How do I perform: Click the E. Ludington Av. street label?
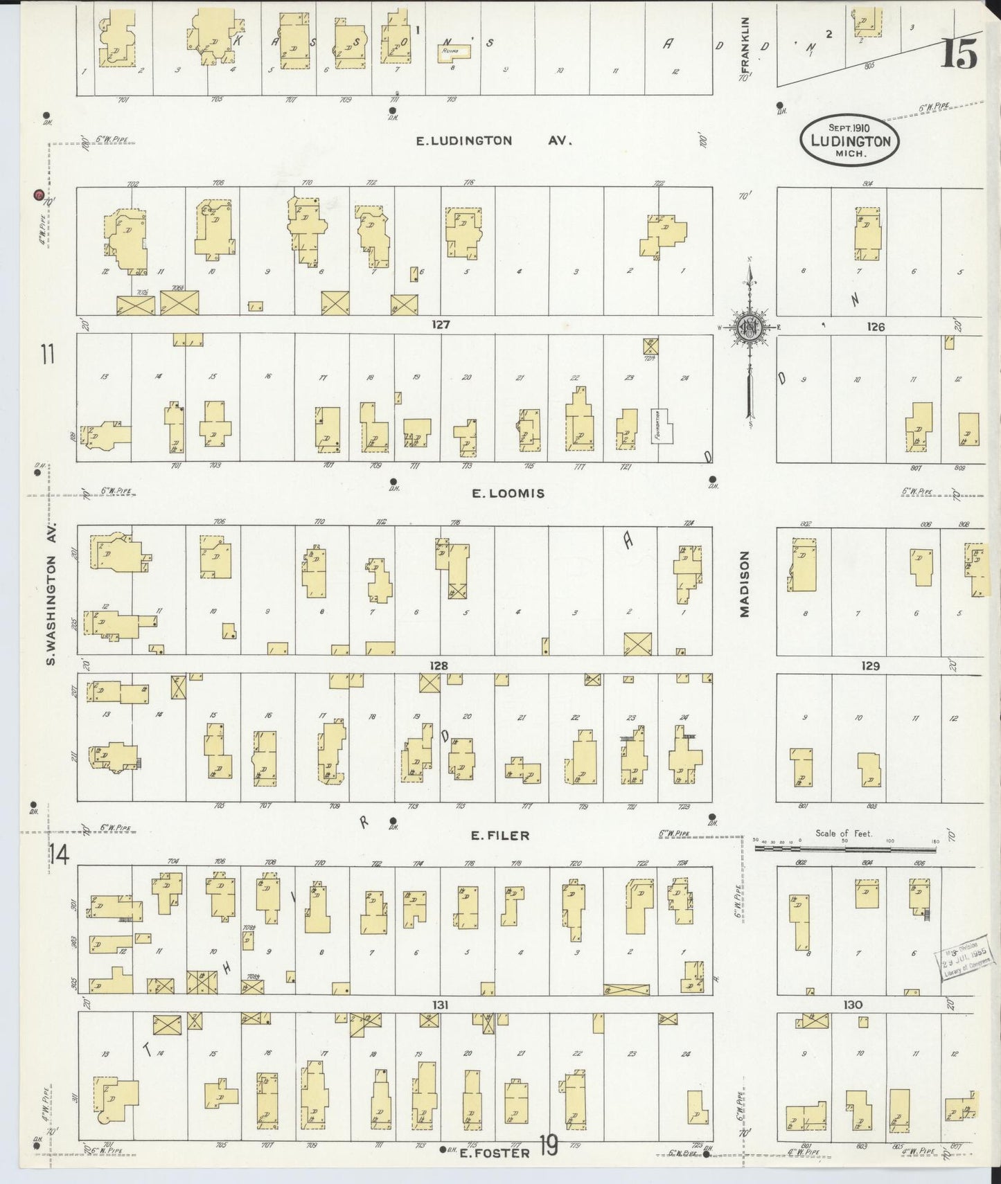click(493, 141)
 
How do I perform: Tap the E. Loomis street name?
click(508, 494)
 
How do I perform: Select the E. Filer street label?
click(499, 836)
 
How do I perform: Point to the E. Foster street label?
click(496, 1153)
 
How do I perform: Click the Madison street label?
click(745, 584)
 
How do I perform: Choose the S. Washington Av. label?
click(51, 594)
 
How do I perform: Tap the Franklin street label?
click(745, 43)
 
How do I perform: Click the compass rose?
click(750, 328)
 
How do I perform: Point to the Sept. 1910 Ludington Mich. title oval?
click(850, 141)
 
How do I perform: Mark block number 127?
click(441, 324)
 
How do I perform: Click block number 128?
click(439, 665)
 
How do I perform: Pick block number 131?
click(441, 1005)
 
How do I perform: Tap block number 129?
click(870, 665)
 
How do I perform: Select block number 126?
click(876, 326)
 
